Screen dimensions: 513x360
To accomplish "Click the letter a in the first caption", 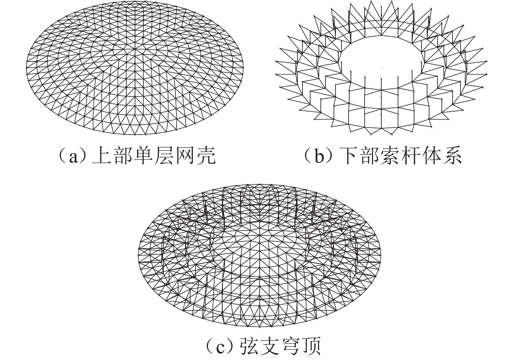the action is (x=73, y=157).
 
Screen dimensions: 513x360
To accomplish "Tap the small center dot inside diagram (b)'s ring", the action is (x=381, y=68).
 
